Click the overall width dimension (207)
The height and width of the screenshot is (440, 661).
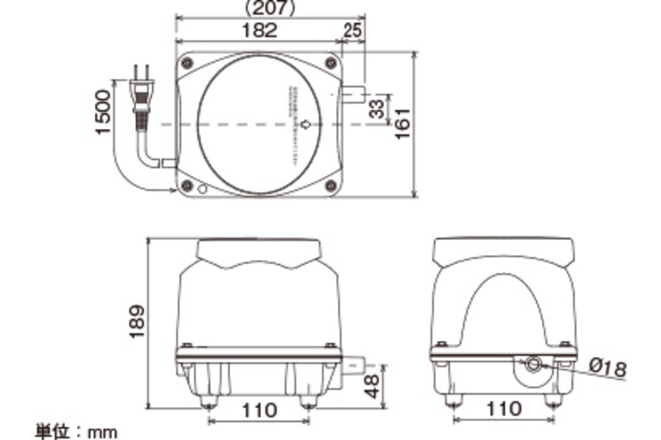[270, 8]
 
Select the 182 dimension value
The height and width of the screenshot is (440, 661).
[260, 30]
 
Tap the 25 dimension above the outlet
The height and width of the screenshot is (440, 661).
[352, 30]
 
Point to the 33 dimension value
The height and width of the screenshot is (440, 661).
[377, 109]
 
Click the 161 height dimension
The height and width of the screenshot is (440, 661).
[402, 124]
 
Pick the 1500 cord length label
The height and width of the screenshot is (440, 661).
[103, 112]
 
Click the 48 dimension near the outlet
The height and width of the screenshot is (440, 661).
[373, 386]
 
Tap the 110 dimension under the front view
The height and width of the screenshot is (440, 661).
[259, 410]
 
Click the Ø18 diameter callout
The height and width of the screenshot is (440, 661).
[609, 368]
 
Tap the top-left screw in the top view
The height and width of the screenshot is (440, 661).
[187, 63]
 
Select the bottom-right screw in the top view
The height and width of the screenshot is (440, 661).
[330, 184]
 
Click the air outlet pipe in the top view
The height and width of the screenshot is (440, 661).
[353, 94]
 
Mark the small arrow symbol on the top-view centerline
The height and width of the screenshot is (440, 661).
[306, 124]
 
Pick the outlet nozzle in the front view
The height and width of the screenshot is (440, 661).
[355, 362]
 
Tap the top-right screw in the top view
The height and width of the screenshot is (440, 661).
[330, 63]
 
